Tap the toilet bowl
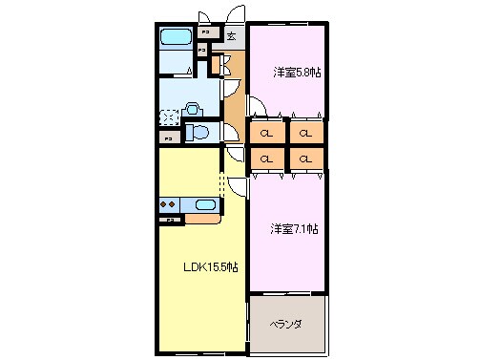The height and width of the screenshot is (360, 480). (196, 132)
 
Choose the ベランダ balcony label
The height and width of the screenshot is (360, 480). (284, 325)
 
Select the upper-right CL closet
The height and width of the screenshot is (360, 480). (305, 133)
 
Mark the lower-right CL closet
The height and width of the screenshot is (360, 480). (305, 158)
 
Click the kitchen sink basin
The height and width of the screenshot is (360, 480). (205, 203)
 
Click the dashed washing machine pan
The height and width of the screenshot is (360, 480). (169, 117)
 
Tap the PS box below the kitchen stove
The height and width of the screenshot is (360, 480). (171, 221)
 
